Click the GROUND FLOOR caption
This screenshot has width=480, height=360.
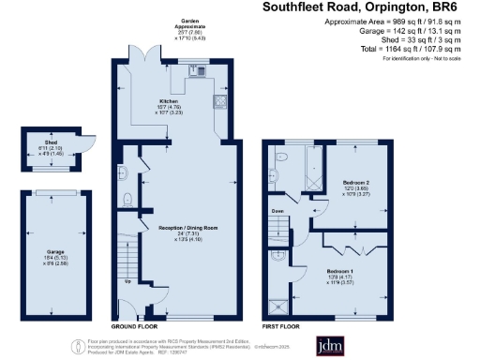click(132, 325)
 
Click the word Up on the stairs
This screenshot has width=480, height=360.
click(127, 280)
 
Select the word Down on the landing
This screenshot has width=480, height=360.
click(277, 212)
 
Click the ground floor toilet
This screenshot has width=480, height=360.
click(127, 198)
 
